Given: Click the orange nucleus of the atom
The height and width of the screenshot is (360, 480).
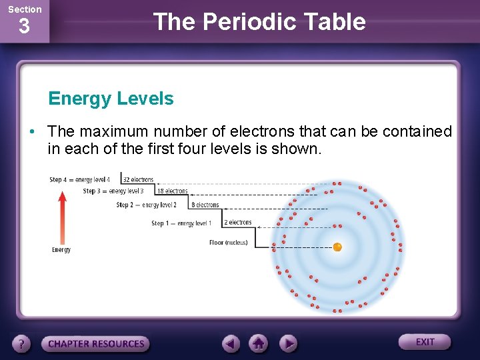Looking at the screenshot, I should tap(337, 247).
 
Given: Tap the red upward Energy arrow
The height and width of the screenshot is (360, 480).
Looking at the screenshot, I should tap(62, 217).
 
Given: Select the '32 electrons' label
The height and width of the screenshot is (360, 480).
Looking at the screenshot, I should tap(139, 179).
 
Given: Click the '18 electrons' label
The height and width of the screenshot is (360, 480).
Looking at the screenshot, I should tap(172, 191).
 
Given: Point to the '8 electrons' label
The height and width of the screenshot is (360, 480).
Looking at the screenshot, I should tap(205, 205).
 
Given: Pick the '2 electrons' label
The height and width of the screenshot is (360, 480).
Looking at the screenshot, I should tap(238, 223).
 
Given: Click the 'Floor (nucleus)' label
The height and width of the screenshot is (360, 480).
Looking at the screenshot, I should tap(228, 243).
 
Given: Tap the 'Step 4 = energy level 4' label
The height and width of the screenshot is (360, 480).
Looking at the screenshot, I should tap(80, 180).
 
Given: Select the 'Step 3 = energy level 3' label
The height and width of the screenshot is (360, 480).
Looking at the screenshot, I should tap(113, 191).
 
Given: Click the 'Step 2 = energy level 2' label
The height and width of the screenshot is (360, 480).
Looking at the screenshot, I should tap(147, 205).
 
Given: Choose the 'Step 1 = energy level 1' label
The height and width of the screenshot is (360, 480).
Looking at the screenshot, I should tap(181, 223).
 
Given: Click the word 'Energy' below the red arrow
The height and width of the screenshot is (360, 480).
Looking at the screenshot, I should tap(61, 250).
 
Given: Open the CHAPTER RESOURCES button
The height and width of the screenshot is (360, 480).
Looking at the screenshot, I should tap(96, 344).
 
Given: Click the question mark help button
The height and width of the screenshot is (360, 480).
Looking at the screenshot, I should tap(22, 344).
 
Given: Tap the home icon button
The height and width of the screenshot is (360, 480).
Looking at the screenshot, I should tap(259, 343).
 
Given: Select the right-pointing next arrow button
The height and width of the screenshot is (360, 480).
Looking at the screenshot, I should tap(288, 344).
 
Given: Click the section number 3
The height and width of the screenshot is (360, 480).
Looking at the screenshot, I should tap(24, 27).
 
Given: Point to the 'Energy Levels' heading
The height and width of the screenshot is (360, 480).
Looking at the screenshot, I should tap(111, 99).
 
